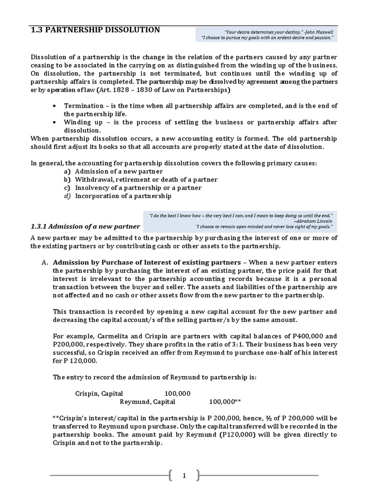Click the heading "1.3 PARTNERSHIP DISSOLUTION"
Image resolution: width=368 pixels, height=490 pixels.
[95, 30]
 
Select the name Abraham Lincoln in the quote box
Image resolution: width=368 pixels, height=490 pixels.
[316, 222]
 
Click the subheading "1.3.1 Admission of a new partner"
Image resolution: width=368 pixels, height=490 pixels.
[85, 226]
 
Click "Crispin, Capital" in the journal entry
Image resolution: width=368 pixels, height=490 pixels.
[99, 393]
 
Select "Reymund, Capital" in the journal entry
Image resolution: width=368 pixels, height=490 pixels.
[147, 401]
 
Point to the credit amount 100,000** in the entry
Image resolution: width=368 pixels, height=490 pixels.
[225, 401]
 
